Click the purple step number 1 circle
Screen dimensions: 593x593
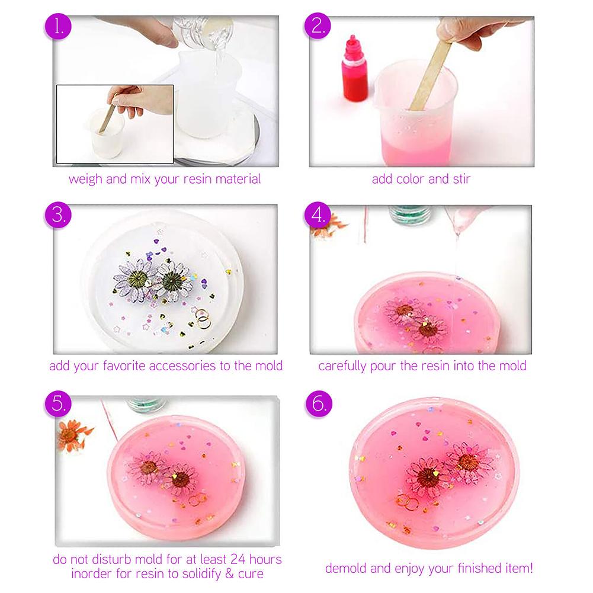[x=59, y=27]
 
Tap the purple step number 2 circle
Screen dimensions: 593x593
[x=318, y=27]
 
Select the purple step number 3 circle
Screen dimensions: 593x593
[x=59, y=215]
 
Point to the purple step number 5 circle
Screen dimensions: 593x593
[x=59, y=405]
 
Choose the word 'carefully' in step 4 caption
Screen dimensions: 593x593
[x=342, y=366]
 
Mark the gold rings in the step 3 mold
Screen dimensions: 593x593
[x=203, y=320]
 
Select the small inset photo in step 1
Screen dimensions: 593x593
[x=115, y=124]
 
